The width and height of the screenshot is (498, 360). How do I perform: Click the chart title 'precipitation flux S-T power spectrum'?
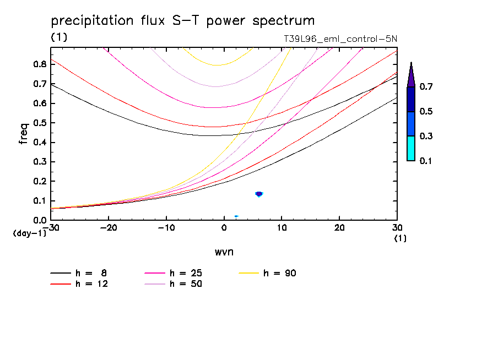pos(183,21)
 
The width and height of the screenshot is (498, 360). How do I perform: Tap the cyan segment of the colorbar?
pos(411,148)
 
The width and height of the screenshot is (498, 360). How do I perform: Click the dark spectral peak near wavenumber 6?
pos(259,194)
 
